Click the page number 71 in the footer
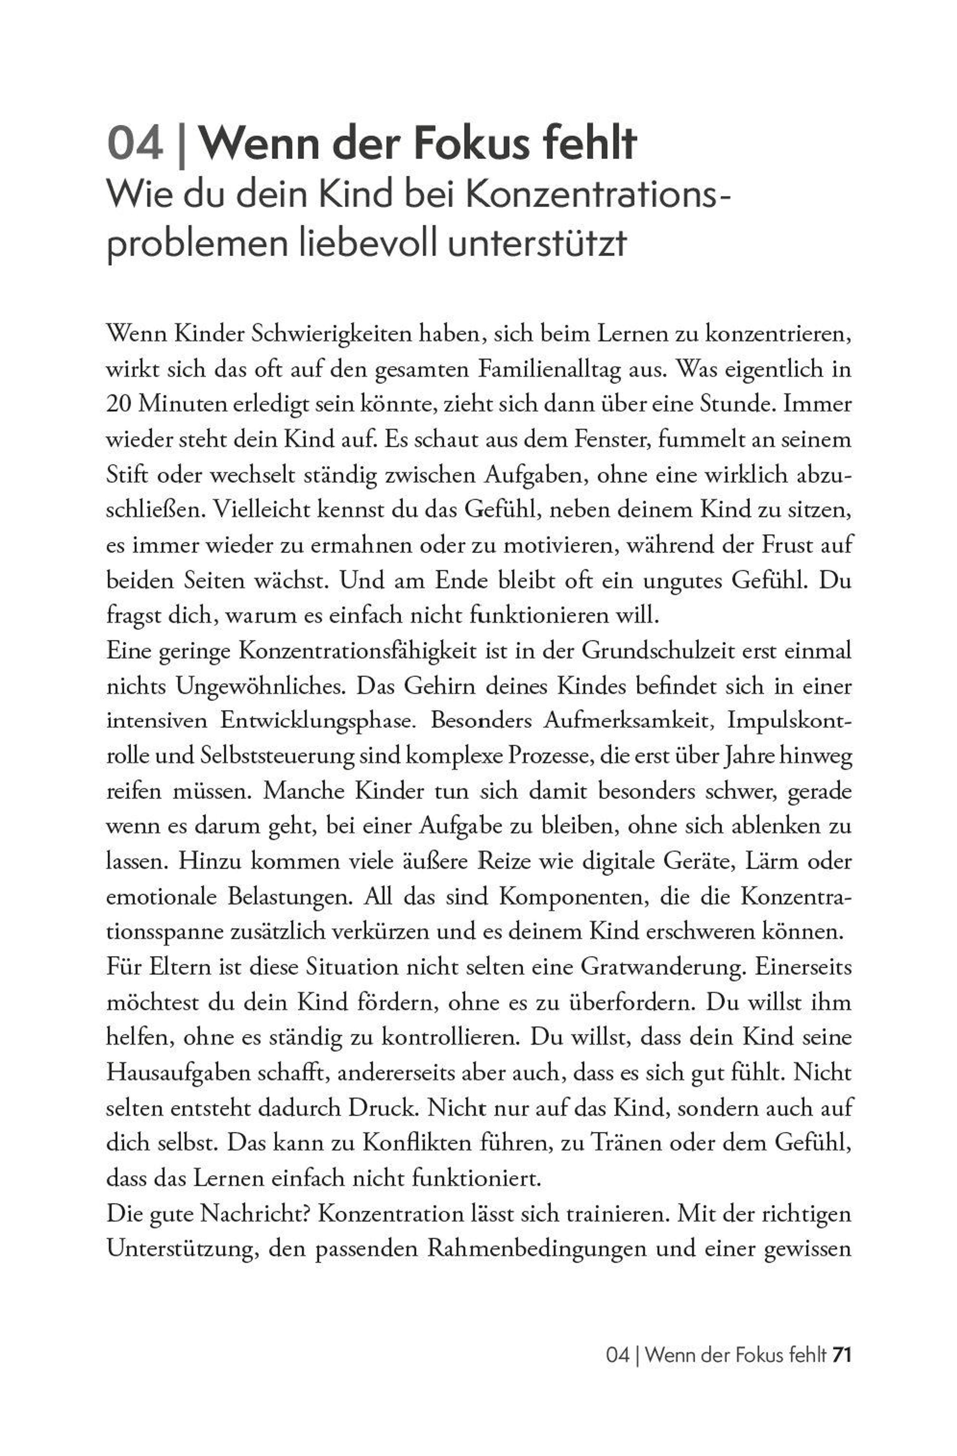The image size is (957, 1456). pos(841,1355)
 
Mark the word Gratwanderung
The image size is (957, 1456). pos(662,967)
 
